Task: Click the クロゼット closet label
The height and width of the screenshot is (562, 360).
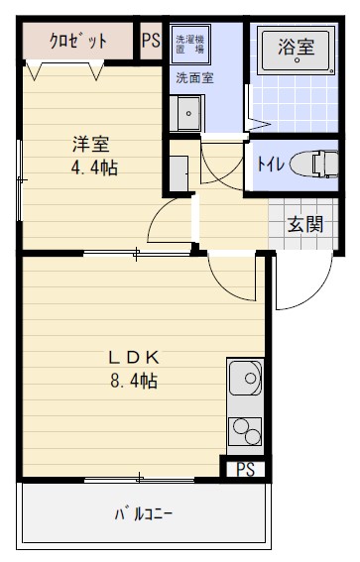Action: [80, 42]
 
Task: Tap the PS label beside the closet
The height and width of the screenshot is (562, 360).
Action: [151, 41]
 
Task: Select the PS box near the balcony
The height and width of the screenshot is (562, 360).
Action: [243, 470]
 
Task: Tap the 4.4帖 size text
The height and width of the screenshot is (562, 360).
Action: [93, 168]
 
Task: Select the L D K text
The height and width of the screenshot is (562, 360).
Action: [135, 356]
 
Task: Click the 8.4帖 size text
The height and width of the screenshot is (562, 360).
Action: [135, 381]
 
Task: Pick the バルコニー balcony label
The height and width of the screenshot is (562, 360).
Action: [144, 514]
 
